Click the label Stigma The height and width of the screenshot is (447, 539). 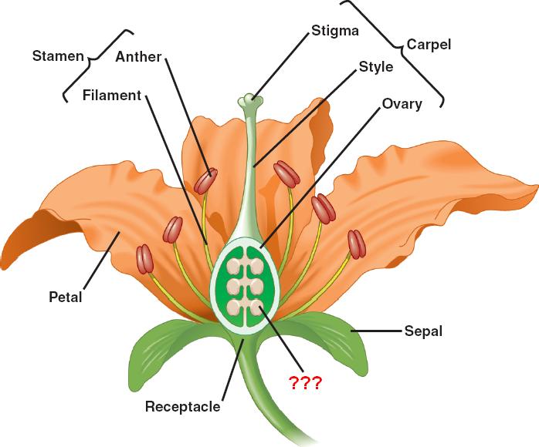(335, 31)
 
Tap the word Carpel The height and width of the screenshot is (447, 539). (429, 44)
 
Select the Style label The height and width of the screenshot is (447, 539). (375, 67)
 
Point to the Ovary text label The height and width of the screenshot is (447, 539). (402, 103)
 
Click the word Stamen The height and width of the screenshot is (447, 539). (58, 56)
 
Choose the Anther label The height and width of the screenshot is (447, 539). (140, 56)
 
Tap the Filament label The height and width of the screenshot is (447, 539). (112, 96)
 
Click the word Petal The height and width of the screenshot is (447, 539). (66, 296)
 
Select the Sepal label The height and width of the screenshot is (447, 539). (423, 331)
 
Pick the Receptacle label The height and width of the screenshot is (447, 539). (182, 406)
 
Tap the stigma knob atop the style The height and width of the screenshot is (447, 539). (249, 100)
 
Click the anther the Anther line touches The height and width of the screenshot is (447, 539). (205, 181)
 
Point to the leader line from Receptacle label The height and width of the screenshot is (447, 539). (231, 370)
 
